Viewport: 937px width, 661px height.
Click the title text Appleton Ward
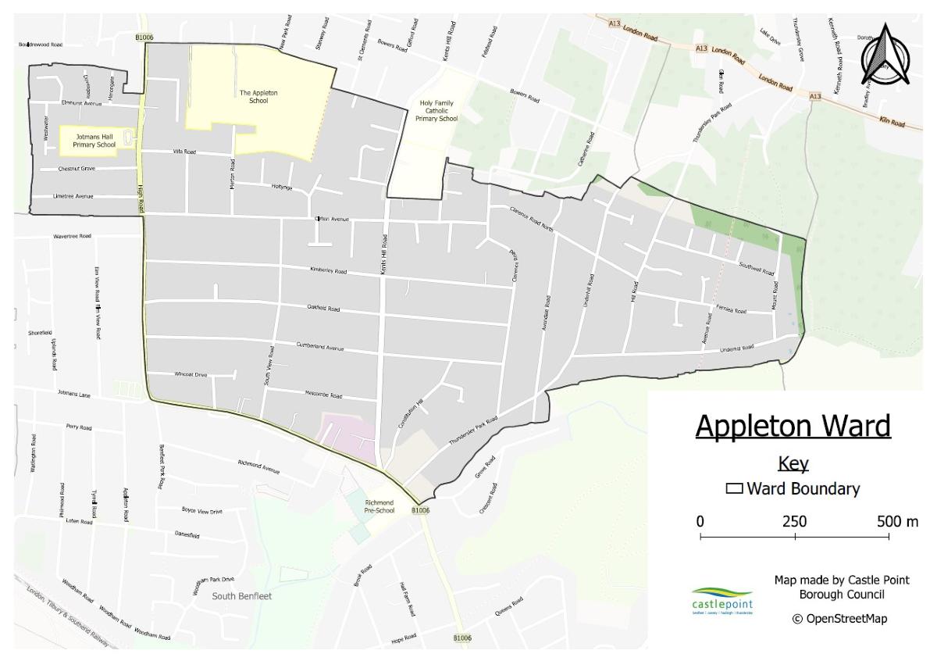pyautogui.click(x=793, y=427)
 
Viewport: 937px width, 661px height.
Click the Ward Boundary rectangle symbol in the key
pyautogui.click(x=734, y=490)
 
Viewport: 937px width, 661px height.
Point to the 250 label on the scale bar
pyautogui.click(x=794, y=521)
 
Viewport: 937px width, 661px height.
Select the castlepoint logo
pyautogui.click(x=711, y=601)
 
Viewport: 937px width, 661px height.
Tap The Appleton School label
pyautogui.click(x=258, y=97)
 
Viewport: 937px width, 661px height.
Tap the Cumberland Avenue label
pyautogui.click(x=320, y=345)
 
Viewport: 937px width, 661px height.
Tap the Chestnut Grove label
pyautogui.click(x=77, y=169)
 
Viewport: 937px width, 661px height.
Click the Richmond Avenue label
pyautogui.click(x=258, y=467)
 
